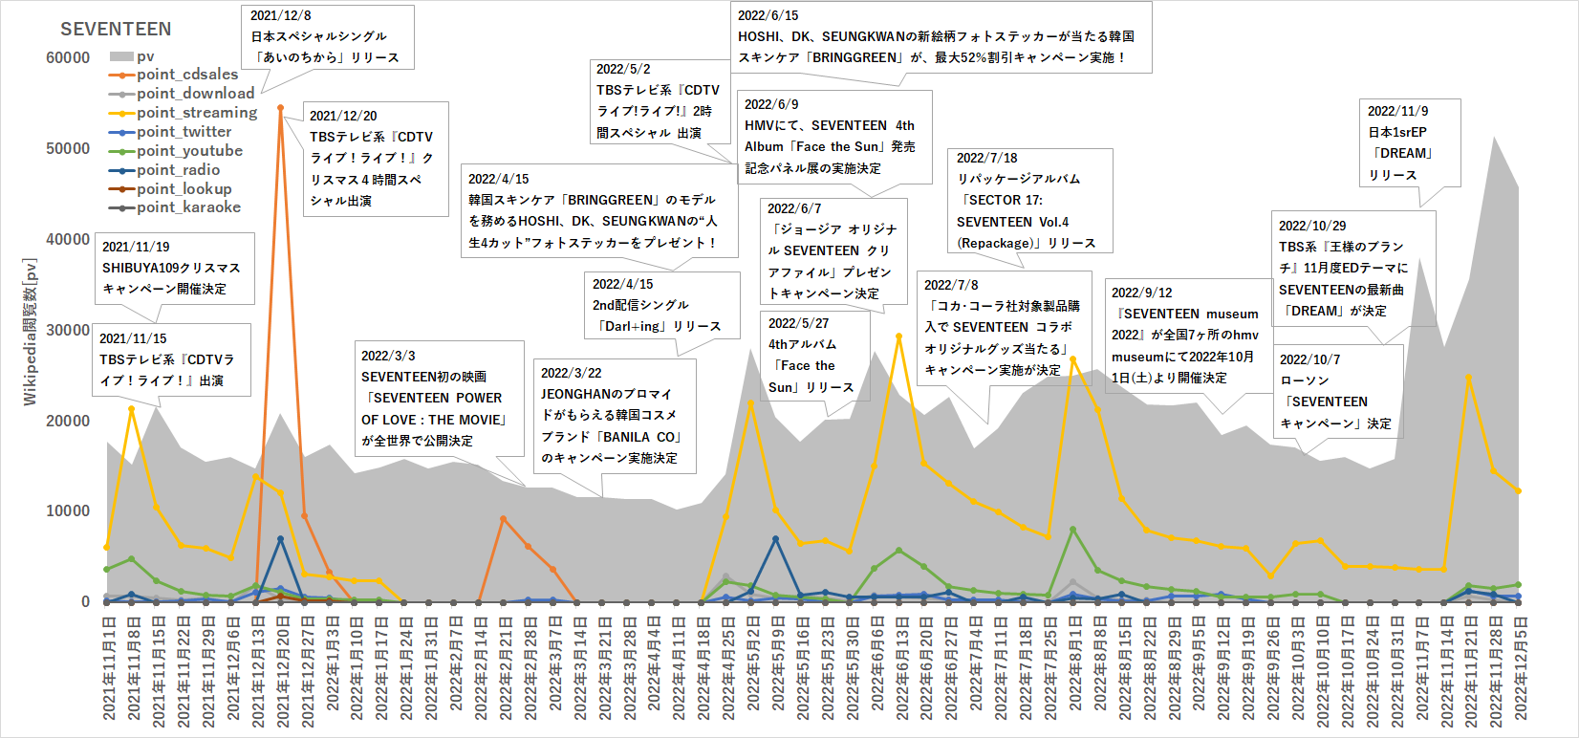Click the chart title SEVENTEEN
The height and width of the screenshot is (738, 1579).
pyautogui.click(x=116, y=30)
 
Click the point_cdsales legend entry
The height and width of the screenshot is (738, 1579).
pyautogui.click(x=187, y=75)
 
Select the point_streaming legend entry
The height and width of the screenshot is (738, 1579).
pyautogui.click(x=196, y=113)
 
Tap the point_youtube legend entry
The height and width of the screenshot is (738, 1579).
pyautogui.click(x=189, y=151)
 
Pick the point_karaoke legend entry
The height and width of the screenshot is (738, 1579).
pyautogui.click(x=188, y=207)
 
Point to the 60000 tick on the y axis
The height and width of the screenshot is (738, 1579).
pyautogui.click(x=68, y=58)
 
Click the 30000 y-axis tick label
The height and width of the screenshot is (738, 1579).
pyautogui.click(x=68, y=330)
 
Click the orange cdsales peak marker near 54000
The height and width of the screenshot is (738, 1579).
pyautogui.click(x=280, y=108)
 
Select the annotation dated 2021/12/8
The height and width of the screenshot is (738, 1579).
pyautogui.click(x=327, y=37)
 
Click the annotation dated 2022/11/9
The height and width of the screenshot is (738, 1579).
pyautogui.click(x=1410, y=143)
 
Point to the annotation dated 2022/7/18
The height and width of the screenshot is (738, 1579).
pyautogui.click(x=1029, y=201)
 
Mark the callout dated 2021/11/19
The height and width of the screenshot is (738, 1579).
pyautogui.click(x=174, y=269)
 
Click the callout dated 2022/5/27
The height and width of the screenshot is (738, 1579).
pyautogui.click(x=814, y=355)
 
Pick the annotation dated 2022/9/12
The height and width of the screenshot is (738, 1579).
pyautogui.click(x=1185, y=336)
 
